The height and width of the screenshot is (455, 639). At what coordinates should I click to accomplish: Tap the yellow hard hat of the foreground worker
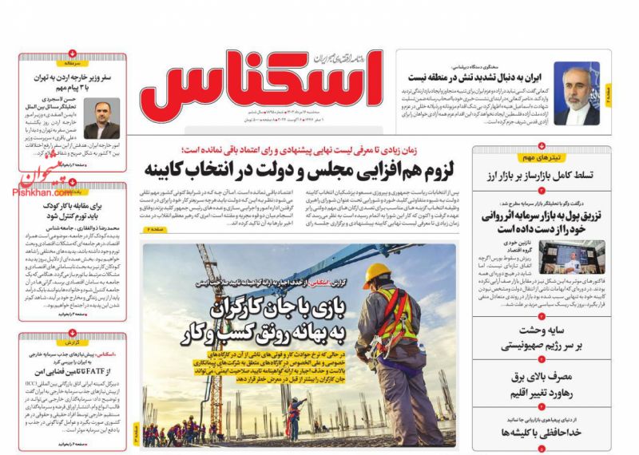click(376, 275)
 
